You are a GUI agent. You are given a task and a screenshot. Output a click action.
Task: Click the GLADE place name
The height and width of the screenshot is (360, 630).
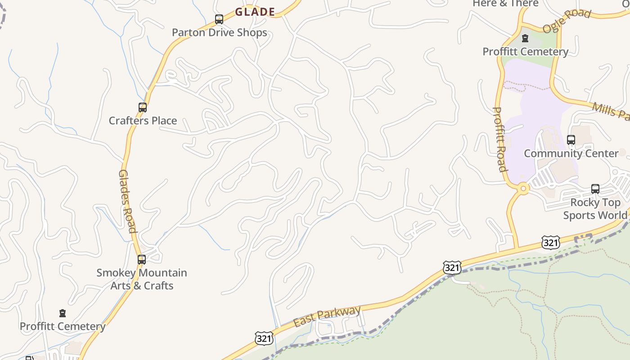[x=255, y=12]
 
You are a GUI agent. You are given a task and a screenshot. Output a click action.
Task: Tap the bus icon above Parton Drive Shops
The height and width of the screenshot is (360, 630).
[x=219, y=19]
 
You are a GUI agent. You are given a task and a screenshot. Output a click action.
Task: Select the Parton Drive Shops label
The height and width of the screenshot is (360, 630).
[x=220, y=32]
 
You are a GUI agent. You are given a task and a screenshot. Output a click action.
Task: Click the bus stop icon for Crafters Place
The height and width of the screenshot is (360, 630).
[x=143, y=108]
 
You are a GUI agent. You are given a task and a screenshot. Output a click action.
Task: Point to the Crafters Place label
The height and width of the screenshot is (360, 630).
[x=143, y=121]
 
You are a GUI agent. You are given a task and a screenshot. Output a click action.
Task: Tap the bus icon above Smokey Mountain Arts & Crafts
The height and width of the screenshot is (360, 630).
[x=142, y=260]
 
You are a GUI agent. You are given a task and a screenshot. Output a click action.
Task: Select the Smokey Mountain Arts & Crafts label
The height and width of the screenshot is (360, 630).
[x=142, y=279]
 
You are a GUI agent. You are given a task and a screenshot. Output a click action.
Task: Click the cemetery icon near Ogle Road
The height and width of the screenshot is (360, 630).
[x=525, y=39]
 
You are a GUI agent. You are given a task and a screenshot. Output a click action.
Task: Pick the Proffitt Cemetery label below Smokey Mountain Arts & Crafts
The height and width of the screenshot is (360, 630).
[x=63, y=326]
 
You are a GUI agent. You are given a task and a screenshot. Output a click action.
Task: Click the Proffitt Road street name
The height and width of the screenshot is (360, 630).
[x=500, y=139]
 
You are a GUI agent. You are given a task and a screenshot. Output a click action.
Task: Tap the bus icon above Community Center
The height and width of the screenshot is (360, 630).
[x=571, y=140]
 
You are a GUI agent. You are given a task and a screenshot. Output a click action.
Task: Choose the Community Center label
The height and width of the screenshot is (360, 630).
[x=571, y=153]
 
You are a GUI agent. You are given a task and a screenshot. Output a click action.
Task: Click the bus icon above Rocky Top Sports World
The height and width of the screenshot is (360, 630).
[x=595, y=189]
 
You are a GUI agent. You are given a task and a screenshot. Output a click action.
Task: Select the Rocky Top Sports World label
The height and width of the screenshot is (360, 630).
[x=595, y=209]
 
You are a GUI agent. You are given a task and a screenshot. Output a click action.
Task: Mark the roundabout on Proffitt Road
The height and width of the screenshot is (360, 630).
[x=523, y=189]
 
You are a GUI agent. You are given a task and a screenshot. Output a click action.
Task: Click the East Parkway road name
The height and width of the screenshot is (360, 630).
[x=327, y=317]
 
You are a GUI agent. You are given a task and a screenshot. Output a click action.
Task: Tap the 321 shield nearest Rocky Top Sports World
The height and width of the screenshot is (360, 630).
[x=551, y=243]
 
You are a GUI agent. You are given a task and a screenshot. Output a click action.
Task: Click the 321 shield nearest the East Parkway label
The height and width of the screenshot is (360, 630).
[x=264, y=338]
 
